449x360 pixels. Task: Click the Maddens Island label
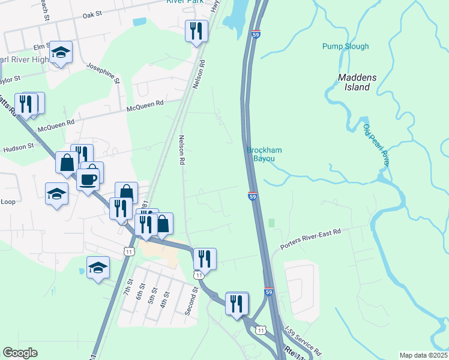[x=362, y=82]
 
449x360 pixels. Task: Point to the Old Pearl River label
[x=377, y=144]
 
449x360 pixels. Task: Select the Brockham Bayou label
[x=265, y=154]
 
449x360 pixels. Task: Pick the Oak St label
[x=93, y=14]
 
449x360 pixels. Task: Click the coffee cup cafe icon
[x=88, y=179]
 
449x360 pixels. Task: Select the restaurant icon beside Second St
[x=205, y=259]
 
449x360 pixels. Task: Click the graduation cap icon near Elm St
[x=61, y=52]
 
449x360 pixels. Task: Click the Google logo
[x=20, y=353]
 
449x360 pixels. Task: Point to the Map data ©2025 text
[x=423, y=355]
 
